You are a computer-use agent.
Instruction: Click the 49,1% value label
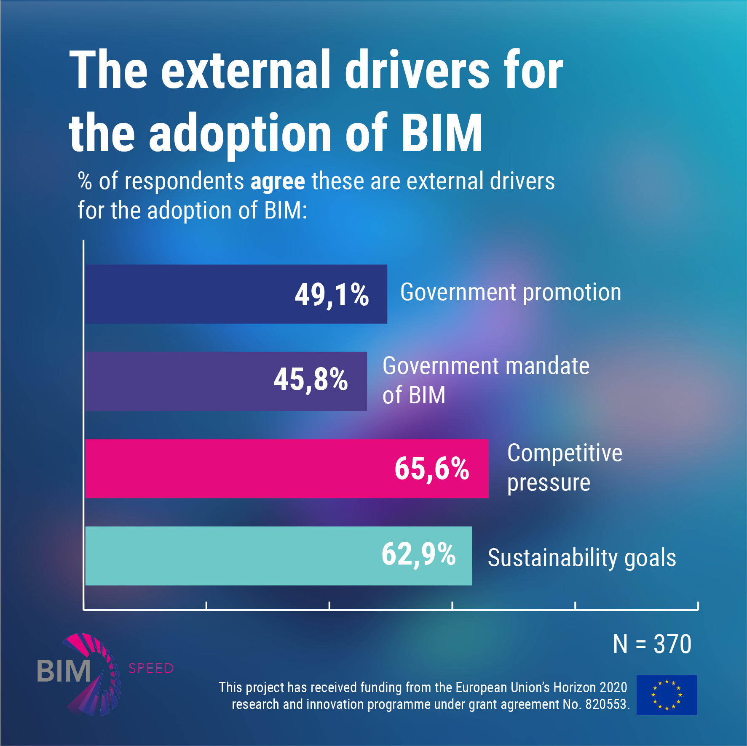(332, 294)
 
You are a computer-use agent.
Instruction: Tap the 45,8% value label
(311, 379)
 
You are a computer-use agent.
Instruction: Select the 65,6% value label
(431, 469)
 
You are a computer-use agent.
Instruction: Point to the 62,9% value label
(418, 554)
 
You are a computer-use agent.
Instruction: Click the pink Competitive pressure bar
(236, 469)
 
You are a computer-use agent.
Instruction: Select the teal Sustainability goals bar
(228, 556)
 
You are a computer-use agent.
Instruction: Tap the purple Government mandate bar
(177, 381)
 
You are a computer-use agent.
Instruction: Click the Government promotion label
(511, 292)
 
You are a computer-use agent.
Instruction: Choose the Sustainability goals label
(582, 558)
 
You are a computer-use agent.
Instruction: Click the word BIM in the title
(442, 133)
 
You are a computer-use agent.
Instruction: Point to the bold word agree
(278, 182)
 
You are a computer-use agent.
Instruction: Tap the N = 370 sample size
(652, 644)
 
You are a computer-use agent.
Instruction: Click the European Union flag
(667, 695)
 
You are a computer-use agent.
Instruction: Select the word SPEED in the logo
(151, 669)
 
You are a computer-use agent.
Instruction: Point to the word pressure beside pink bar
(549, 483)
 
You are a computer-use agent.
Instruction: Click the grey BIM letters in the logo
(64, 671)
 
